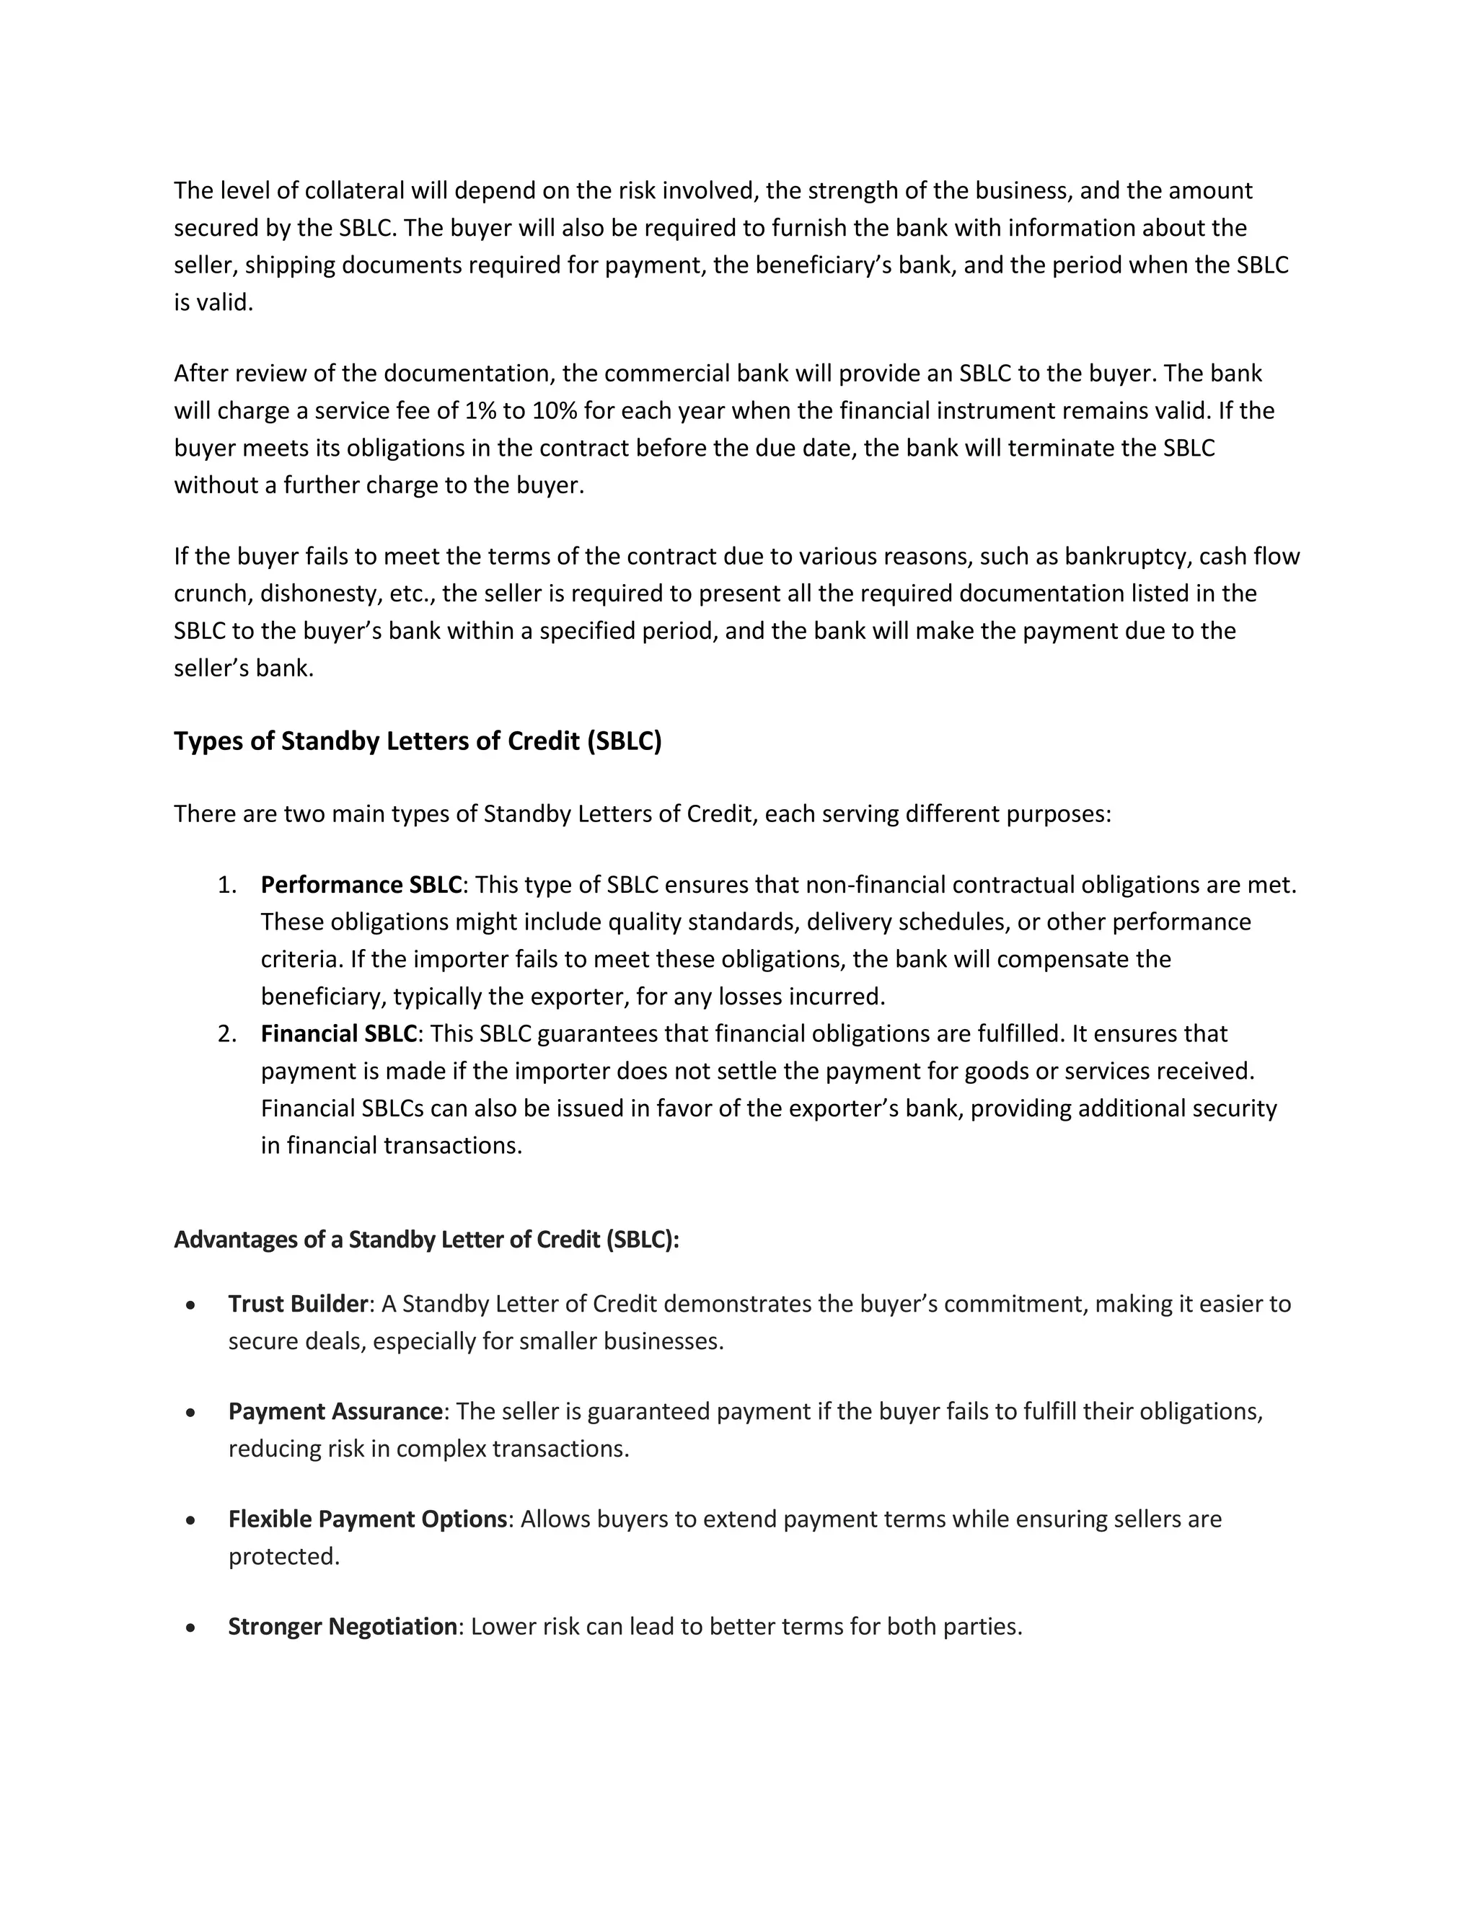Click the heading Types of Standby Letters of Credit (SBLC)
click(x=418, y=741)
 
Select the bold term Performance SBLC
click(x=361, y=885)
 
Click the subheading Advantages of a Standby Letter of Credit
click(x=426, y=1239)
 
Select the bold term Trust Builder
click(x=298, y=1304)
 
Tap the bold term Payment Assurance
click(x=335, y=1411)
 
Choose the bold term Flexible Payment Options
click(x=368, y=1519)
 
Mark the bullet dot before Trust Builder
click(x=190, y=1305)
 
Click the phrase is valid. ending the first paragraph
click(x=213, y=302)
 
